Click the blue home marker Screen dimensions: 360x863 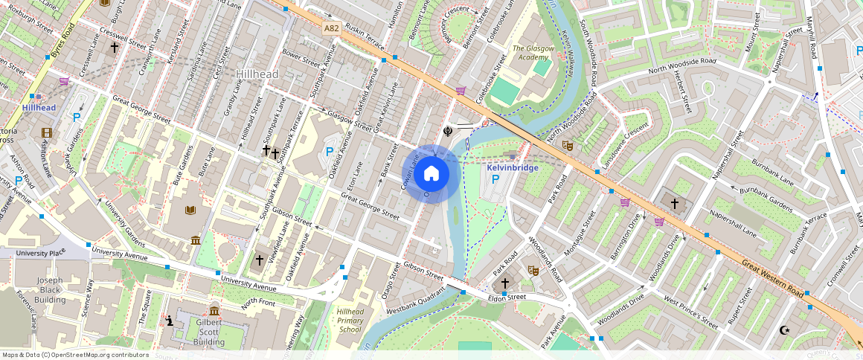[431, 174]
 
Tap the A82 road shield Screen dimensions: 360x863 [332, 28]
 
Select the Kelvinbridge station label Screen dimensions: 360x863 [512, 168]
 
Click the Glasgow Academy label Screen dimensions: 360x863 [533, 53]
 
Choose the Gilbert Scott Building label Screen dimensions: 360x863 [209, 332]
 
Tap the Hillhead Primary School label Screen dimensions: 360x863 [350, 320]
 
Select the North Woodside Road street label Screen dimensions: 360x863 [681, 65]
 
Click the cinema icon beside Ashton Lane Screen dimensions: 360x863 [48, 133]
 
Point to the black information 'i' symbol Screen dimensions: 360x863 [170, 321]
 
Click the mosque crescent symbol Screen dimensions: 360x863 [783, 330]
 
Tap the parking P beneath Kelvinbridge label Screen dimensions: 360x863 [495, 180]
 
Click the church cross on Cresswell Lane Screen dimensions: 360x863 [115, 48]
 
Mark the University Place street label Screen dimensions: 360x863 [40, 253]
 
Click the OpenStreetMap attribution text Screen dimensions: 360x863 [74, 355]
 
